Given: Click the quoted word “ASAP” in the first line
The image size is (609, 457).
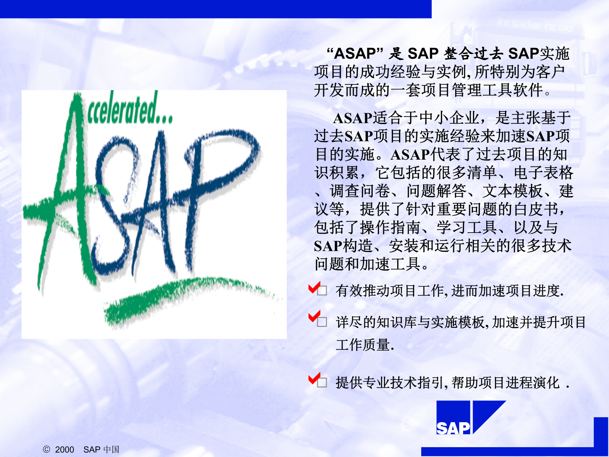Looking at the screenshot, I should pos(355,53).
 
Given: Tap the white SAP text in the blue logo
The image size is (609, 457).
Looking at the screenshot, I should pos(453,428).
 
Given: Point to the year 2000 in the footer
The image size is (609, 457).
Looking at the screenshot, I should pos(64,450).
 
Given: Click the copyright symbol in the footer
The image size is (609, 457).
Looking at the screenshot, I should pos(46,449).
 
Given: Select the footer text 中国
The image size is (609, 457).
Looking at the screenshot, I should pos(111,449).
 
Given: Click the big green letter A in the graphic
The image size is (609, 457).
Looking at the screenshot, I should pos(70,190).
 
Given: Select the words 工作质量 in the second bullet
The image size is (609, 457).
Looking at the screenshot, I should pos(363,345).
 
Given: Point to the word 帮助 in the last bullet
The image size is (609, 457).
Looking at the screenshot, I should pos(465,383).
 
